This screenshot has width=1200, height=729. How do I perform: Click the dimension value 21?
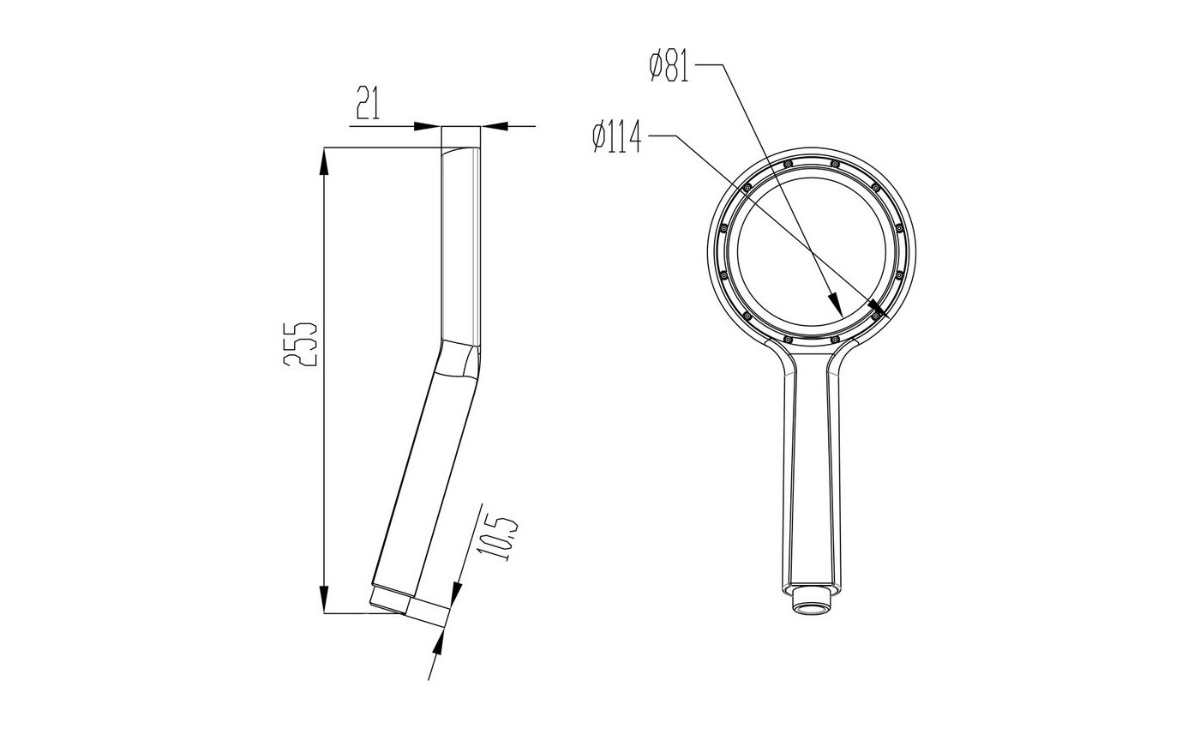[x=368, y=103]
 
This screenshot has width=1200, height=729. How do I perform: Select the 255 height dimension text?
[x=301, y=344]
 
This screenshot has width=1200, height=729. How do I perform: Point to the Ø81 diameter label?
[x=669, y=65]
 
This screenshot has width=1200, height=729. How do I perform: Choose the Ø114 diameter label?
[x=616, y=136]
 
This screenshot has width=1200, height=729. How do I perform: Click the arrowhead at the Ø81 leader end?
[x=835, y=304]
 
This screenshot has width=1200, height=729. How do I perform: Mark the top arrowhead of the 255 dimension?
[x=324, y=161]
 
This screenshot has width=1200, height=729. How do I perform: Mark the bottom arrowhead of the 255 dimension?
[x=324, y=599]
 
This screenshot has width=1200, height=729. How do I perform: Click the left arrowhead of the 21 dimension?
[x=428, y=127]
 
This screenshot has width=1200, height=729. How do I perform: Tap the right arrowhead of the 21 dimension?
[x=494, y=127]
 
